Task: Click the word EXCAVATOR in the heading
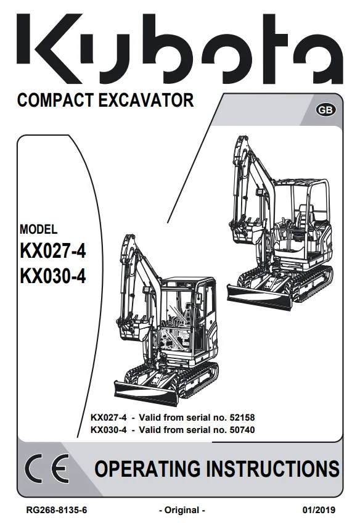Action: (146, 100)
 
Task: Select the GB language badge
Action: (325, 110)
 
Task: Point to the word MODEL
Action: (38, 229)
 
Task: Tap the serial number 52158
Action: (242, 418)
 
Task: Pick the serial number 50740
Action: (242, 430)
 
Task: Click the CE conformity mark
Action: (47, 469)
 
